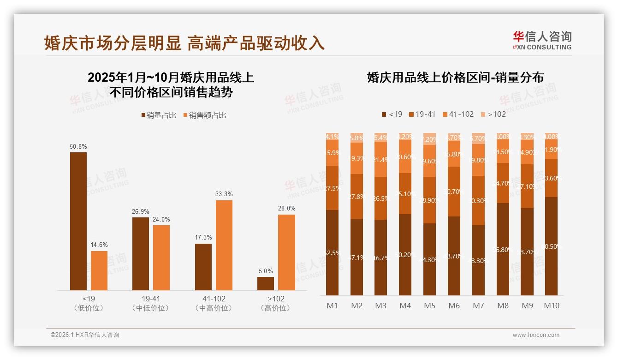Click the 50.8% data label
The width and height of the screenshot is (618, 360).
point(78,146)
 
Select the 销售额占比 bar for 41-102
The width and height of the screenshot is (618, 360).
point(224,245)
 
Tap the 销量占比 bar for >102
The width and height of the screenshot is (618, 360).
point(266,283)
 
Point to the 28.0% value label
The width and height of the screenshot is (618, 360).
point(286,208)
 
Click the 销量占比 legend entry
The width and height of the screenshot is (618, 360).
point(158,115)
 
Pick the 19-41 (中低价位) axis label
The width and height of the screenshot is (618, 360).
point(150,303)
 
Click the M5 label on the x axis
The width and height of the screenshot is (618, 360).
point(429,306)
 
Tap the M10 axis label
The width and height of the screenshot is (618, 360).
point(552,306)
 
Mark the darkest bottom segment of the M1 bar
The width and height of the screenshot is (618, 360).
point(332,252)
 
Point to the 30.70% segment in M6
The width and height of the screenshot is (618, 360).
point(454,192)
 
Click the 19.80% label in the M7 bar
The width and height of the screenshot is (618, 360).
point(478,160)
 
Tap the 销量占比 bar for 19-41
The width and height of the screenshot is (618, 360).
point(140,254)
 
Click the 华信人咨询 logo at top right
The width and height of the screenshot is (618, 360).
point(542,40)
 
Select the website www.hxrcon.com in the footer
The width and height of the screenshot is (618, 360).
point(536,335)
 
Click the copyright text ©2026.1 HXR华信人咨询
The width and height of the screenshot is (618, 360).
point(85,335)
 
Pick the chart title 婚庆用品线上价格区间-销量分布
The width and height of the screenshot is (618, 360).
point(455,77)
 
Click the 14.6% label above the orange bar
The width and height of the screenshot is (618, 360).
point(99,245)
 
